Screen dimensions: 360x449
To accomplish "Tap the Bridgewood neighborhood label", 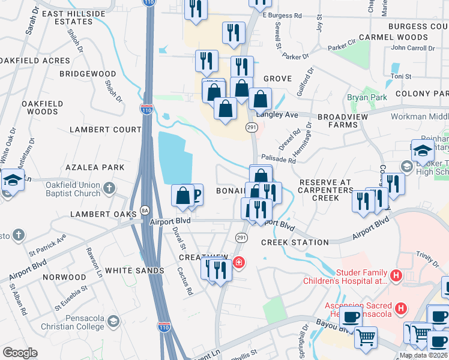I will coord(88,74).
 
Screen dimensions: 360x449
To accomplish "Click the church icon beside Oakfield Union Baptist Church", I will coord(109,188).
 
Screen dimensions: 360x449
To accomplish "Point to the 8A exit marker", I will coord(144,210).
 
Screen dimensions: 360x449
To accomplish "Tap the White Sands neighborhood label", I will coord(135,271).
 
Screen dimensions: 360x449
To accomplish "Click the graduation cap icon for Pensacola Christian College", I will coord(112,323).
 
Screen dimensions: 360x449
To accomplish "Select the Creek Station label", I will coord(295,242).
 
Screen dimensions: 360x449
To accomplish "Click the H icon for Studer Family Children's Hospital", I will coord(396,276).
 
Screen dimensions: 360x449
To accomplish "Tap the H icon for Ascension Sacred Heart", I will coord(402,309).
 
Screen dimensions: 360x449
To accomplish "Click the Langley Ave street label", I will coord(277,114).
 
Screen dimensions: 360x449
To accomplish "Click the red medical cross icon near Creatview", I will coord(239,262).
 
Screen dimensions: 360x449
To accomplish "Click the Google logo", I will coord(20,353).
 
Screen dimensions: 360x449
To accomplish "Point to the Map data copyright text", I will coord(423,355).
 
